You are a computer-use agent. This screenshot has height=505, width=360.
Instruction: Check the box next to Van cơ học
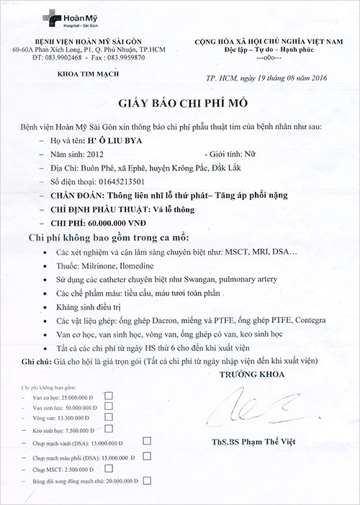[109, 395]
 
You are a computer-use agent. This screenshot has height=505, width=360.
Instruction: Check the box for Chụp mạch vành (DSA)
[147, 440]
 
